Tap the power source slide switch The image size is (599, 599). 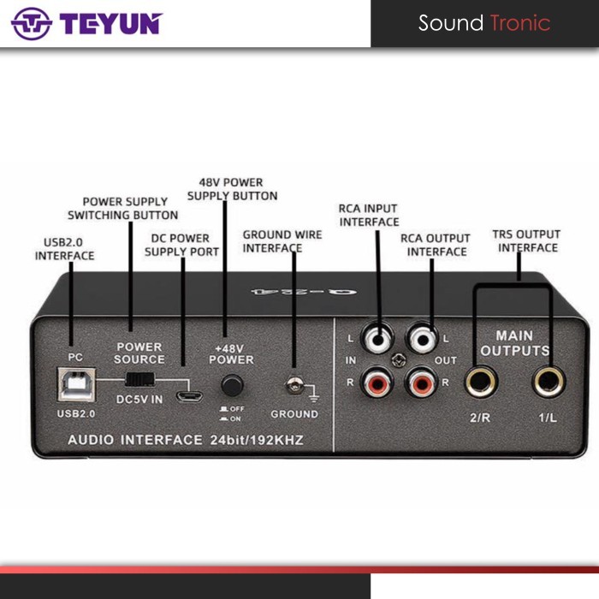pyautogui.click(x=139, y=377)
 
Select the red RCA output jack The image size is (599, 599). pyautogui.click(x=422, y=381)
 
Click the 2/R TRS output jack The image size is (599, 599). pyautogui.click(x=479, y=383)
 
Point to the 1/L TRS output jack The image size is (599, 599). pyautogui.click(x=548, y=383)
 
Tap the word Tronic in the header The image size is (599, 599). pyautogui.click(x=519, y=23)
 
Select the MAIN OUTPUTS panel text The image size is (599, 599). pyautogui.click(x=514, y=343)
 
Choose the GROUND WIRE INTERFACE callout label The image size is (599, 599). pyautogui.click(x=273, y=240)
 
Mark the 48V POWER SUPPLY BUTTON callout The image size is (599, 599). pyautogui.click(x=232, y=189)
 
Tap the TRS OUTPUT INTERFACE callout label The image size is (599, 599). pyautogui.click(x=526, y=240)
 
